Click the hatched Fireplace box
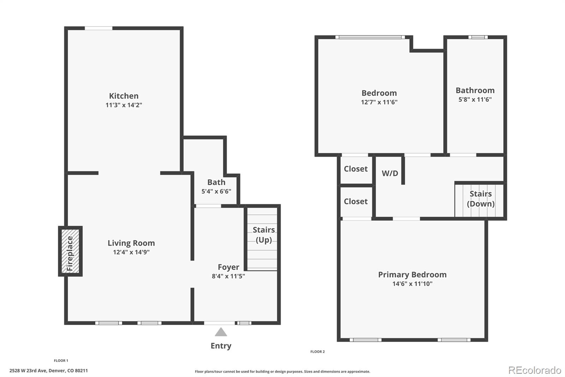point(70,251)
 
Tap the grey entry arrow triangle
point(221,332)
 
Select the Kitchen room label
point(124,96)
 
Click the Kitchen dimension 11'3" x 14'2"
point(124,105)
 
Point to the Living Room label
point(131,243)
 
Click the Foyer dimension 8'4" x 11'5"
point(228,276)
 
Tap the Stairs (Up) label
point(263,234)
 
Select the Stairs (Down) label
point(481,199)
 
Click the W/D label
point(390,173)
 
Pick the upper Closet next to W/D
point(356,169)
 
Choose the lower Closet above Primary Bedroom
point(356,202)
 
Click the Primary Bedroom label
point(412,274)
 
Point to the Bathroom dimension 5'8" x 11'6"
point(475,100)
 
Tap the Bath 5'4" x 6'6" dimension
point(216,191)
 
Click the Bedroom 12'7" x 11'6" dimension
point(379,102)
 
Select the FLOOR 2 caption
point(317,352)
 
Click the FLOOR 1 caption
point(61,360)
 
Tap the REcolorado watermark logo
point(534,370)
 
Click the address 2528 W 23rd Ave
point(48,371)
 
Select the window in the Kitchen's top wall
point(99,28)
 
